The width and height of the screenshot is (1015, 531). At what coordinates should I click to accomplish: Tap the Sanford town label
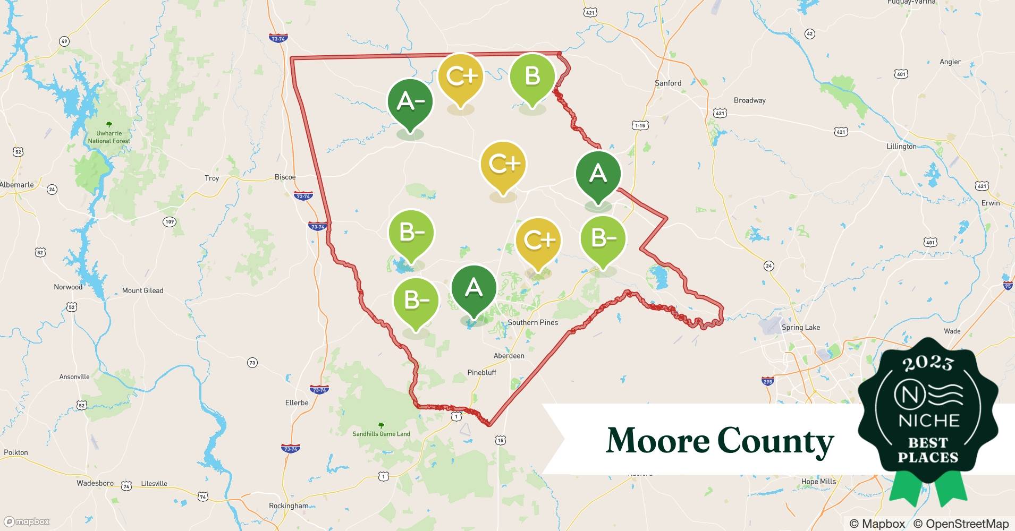pos(668,83)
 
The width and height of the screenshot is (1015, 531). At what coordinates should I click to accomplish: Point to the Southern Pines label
pos(532,322)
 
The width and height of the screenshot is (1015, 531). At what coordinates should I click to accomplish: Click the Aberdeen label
pos(509,356)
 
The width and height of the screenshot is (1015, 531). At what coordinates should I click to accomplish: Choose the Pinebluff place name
pos(481,372)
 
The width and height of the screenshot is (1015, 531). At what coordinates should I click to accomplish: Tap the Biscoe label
pos(285,177)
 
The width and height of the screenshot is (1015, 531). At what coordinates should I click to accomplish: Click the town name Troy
pos(212,178)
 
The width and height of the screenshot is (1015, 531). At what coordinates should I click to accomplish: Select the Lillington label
pos(901,146)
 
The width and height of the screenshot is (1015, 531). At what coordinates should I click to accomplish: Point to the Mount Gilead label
pos(142,290)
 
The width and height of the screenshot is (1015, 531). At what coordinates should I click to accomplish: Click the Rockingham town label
pos(288,506)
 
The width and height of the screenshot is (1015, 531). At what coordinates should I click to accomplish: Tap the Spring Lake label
pos(800,327)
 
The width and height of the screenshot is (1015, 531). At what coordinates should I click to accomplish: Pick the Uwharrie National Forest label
pos(109,137)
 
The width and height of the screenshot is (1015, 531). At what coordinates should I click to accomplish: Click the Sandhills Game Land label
pos(381,434)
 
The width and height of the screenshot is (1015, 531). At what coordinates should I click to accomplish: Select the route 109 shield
pos(169,221)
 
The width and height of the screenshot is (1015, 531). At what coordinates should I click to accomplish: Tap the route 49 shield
pos(64,41)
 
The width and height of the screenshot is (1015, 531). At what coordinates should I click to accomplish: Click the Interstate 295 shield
pos(767,381)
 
